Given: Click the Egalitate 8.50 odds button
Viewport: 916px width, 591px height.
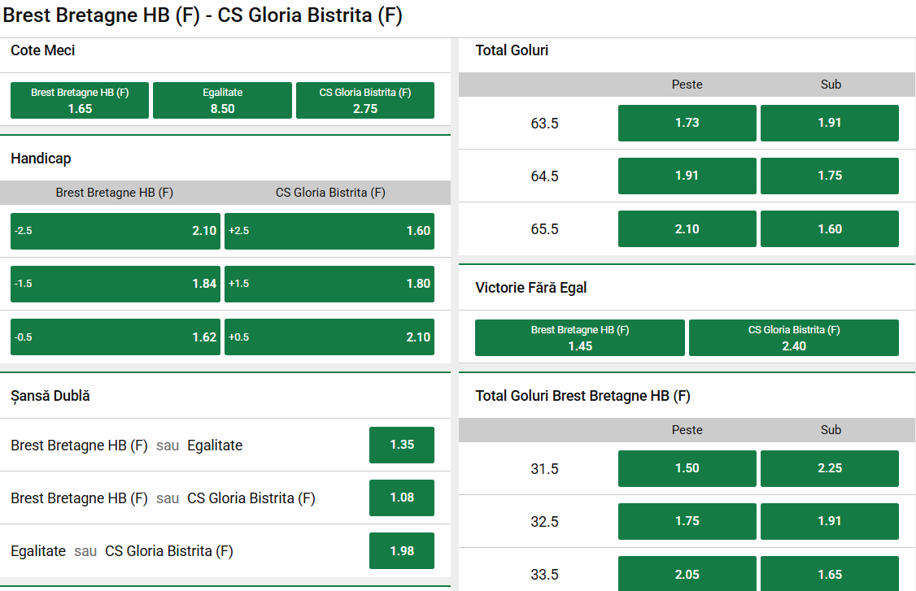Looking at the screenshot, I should [222, 101].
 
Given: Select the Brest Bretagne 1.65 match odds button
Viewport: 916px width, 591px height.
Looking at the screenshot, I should [80, 101].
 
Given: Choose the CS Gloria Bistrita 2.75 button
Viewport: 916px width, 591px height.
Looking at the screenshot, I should [365, 101].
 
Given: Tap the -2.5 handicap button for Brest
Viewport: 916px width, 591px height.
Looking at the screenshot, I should [116, 231].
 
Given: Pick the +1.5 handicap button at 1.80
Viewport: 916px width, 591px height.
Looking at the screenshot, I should [329, 284].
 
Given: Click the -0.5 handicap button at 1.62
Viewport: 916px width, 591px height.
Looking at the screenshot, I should [116, 337].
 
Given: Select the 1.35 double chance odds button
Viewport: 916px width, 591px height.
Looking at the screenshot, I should [402, 445].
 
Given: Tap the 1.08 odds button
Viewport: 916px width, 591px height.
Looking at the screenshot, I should [402, 498].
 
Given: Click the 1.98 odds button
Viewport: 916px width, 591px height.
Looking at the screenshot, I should [402, 550].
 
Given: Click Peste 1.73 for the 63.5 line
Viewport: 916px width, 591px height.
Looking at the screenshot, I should [687, 123].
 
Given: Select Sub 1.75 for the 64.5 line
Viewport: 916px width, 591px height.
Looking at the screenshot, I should [830, 176].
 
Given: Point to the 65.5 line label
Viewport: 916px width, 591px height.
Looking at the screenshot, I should [545, 229].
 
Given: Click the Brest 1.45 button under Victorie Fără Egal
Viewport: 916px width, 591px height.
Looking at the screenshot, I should [580, 338].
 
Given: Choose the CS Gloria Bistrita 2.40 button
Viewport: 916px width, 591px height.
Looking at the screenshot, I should [794, 338].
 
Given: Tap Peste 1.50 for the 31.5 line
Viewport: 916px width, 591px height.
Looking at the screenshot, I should [687, 468].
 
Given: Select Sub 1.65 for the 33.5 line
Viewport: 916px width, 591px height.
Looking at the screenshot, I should [830, 574].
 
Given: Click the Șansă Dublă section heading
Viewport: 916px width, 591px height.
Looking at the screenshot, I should [50, 396].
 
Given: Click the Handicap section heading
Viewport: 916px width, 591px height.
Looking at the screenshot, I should [41, 159].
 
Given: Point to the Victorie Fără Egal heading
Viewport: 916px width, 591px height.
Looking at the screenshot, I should [531, 288].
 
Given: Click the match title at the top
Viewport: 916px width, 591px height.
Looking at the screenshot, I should [203, 15].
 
